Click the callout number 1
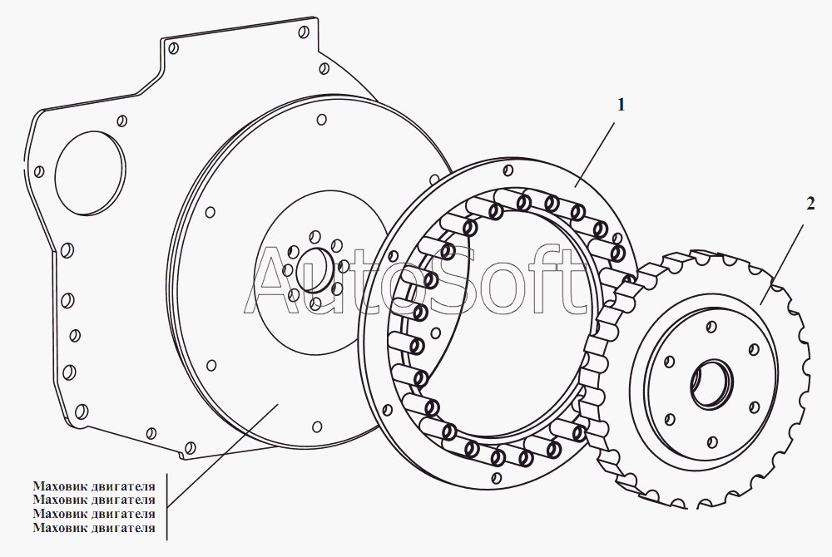tap(621, 105)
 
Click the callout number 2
tap(810, 204)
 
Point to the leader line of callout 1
tap(596, 154)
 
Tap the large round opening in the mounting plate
tap(90, 173)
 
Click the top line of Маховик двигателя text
tap(94, 486)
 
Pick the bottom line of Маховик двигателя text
tap(94, 527)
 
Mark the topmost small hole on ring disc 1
tap(508, 170)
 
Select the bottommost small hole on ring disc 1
tap(497, 477)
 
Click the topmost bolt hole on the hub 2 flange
tap(712, 327)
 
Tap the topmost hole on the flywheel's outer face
tap(321, 120)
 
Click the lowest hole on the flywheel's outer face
tap(317, 427)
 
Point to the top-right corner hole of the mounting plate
tap(304, 32)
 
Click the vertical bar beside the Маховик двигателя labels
tap(166, 507)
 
